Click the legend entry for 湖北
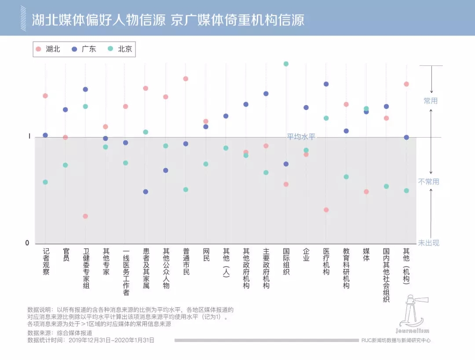pyautogui.click(x=48, y=49)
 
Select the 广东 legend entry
pyautogui.click(x=84, y=49)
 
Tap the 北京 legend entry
pyautogui.click(x=120, y=49)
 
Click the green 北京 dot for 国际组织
pyautogui.click(x=286, y=64)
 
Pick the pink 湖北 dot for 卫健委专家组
pyautogui.click(x=85, y=216)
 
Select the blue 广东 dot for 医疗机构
pyautogui.click(x=326, y=84)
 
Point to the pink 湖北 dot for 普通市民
pyautogui.click(x=186, y=79)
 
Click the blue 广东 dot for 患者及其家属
pyautogui.click(x=146, y=192)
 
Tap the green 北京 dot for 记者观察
pyautogui.click(x=45, y=182)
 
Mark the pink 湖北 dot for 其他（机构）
pyautogui.click(x=406, y=84)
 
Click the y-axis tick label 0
pyautogui.click(x=27, y=243)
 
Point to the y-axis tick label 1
pyautogui.click(x=29, y=136)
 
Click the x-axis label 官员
pyautogui.click(x=66, y=255)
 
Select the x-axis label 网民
pyautogui.click(x=206, y=255)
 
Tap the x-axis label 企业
pyautogui.click(x=306, y=255)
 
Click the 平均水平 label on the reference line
pyautogui.click(x=301, y=137)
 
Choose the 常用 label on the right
pyautogui.click(x=431, y=101)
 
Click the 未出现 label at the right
pyautogui.click(x=428, y=243)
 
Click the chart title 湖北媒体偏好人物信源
pyautogui.click(x=99, y=20)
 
